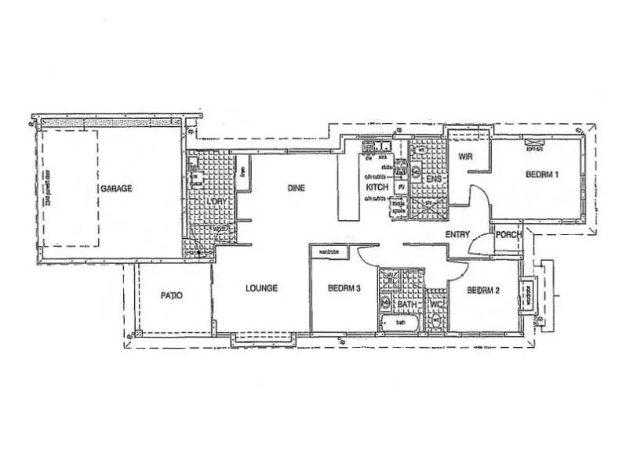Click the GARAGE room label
(x=116, y=189)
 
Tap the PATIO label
(x=171, y=295)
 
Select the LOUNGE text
(x=261, y=288)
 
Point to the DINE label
(x=296, y=188)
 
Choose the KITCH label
(x=378, y=188)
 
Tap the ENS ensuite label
(x=432, y=179)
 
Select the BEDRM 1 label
(x=541, y=175)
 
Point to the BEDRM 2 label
(x=484, y=290)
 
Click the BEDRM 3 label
(x=344, y=288)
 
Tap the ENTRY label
(x=458, y=234)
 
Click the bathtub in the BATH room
(x=400, y=322)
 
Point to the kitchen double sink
(x=377, y=146)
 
